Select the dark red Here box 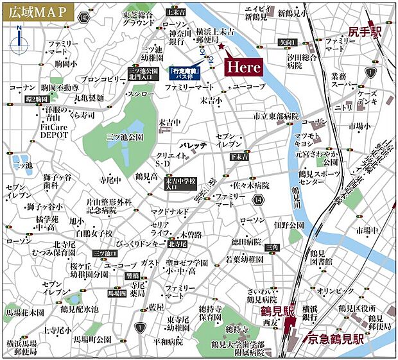coord(243,67)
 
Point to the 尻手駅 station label coord(366,31)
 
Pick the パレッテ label coord(195,146)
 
